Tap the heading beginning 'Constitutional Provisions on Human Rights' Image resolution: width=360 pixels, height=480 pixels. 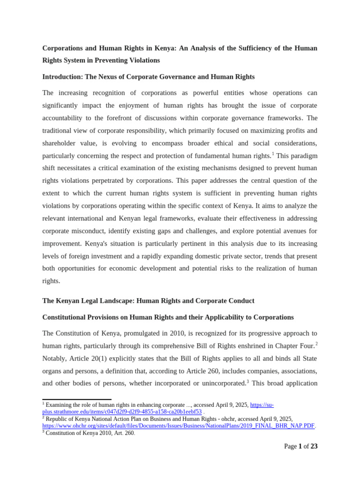[x=168, y=317]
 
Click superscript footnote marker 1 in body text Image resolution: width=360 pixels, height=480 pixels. [x=273, y=153]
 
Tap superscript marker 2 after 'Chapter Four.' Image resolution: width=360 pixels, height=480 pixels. [x=316, y=344]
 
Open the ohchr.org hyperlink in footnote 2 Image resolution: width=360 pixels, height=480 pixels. [x=179, y=426]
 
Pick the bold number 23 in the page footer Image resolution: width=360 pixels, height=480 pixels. [x=314, y=446]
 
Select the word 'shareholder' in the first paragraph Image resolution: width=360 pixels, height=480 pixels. [x=60, y=143]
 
